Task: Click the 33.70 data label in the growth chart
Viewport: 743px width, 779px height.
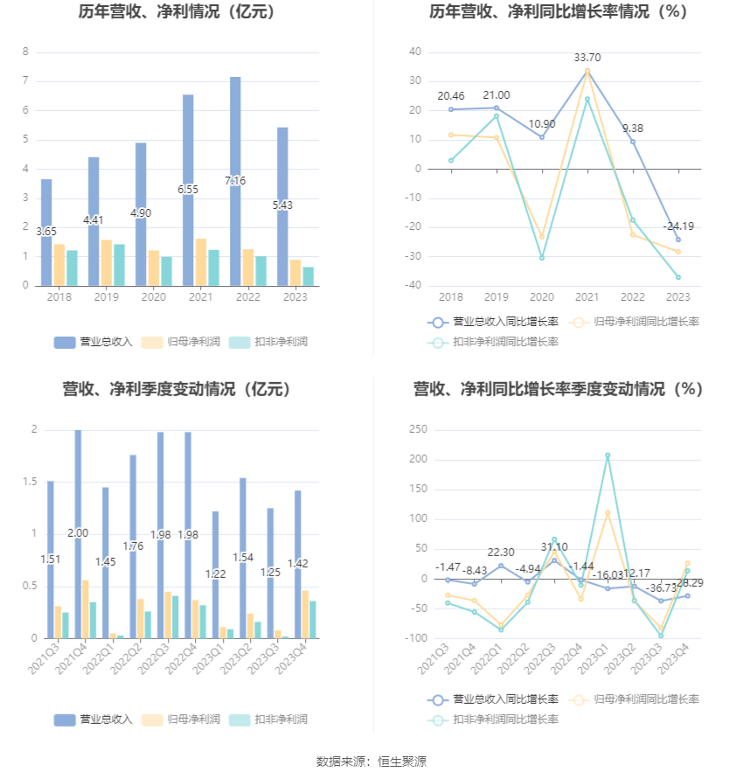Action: [587, 58]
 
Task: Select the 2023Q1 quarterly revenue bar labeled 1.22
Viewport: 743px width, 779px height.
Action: [215, 560]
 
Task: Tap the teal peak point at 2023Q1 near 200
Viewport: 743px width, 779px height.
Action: [608, 456]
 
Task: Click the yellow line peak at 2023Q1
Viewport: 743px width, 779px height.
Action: [608, 512]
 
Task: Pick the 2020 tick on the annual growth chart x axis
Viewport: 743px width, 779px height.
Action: [542, 297]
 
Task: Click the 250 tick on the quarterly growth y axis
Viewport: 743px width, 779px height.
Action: [417, 429]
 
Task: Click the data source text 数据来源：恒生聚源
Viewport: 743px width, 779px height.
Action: [371, 762]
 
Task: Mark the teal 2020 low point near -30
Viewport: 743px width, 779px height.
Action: [542, 258]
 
